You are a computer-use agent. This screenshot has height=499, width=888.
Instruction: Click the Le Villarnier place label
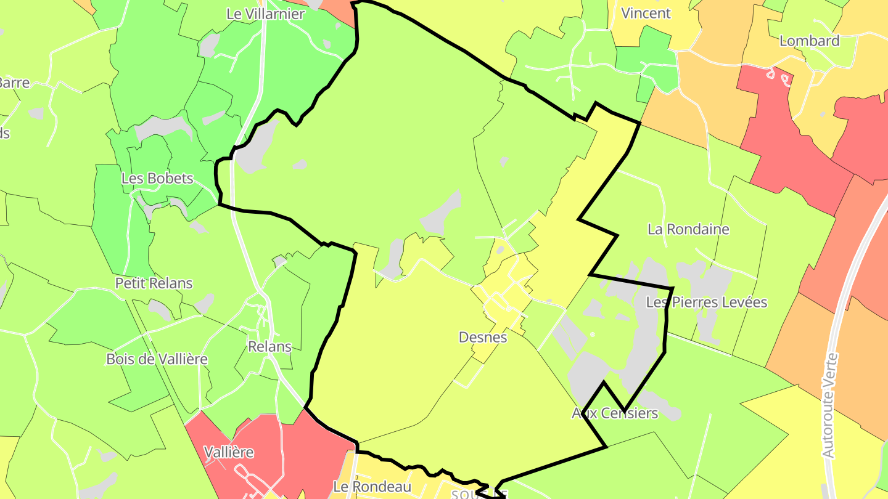pos(265,14)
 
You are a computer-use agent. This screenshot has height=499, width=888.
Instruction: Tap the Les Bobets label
pos(157,179)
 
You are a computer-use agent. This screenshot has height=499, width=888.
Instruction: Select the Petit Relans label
pos(154,283)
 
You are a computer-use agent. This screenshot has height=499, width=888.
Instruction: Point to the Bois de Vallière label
pos(157,359)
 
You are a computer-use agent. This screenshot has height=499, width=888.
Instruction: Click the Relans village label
pos(269,346)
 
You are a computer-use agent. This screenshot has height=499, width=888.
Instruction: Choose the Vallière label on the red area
pos(229,452)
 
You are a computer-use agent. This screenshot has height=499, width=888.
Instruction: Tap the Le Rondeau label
pos(372,487)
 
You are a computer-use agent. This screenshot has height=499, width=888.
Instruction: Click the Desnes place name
pos(483,337)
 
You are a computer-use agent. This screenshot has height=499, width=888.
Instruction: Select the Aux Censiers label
pos(615,413)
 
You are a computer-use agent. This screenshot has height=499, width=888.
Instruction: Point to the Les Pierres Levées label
pos(707,302)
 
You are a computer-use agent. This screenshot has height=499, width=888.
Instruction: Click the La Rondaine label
pos(688,229)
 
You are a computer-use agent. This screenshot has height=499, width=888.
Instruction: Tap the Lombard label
pos(810,41)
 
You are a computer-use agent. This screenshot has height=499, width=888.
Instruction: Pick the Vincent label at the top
pos(646,13)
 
